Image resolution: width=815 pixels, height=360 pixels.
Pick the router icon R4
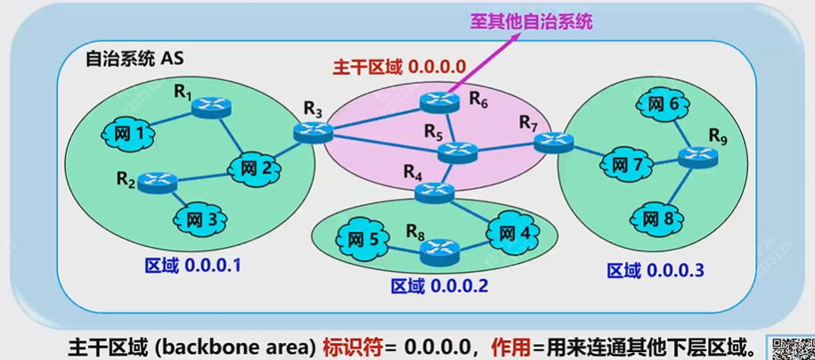433,189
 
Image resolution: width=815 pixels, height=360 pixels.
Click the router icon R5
459,152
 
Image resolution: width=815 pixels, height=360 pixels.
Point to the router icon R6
438,102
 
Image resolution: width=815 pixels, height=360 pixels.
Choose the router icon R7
555,140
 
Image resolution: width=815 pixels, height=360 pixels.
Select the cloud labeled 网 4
514,233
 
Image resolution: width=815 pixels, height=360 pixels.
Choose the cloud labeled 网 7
627,165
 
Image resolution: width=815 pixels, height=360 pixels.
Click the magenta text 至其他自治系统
532,20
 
